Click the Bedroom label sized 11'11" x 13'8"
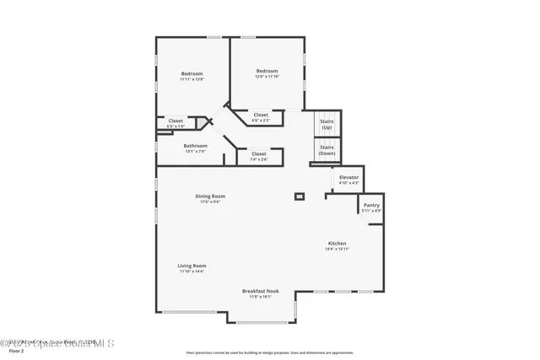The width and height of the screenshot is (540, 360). tap(192, 74)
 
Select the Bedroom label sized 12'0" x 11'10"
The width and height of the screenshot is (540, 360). tap(267, 71)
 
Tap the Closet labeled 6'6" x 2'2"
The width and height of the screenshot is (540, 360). tap(261, 115)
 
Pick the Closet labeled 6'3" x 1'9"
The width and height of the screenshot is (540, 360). tap(175, 121)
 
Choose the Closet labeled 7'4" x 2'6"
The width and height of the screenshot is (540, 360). tap(259, 153)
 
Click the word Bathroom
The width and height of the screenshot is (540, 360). tap(195, 145)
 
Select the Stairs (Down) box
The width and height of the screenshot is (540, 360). tap(327, 150)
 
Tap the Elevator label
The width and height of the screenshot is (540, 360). tap(348, 177)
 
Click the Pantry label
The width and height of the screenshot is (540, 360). tap(371, 205)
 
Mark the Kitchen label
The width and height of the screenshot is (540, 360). tap(337, 243)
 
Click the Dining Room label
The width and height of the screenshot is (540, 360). tap(211, 196)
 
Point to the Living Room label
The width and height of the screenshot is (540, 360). tap(192, 266)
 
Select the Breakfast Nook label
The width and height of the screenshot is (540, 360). tap(260, 291)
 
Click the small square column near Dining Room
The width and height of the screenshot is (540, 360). tap(299, 196)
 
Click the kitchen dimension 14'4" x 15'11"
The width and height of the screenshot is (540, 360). tap(337, 249)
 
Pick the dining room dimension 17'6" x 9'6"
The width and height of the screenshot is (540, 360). tap(210, 201)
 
